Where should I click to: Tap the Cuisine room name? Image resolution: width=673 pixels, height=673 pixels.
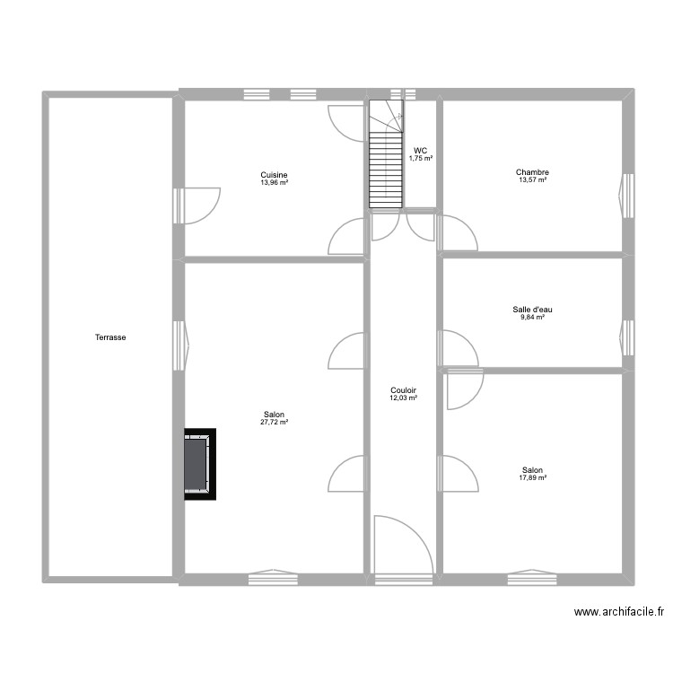[x=274, y=175]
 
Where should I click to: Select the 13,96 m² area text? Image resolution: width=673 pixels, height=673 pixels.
[x=274, y=183]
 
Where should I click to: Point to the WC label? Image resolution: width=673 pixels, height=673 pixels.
[x=420, y=151]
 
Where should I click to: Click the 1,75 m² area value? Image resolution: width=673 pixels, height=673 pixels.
[x=420, y=159]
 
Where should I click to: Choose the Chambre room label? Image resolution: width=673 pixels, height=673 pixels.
[x=532, y=172]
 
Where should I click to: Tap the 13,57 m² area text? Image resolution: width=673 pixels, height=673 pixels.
[x=532, y=180]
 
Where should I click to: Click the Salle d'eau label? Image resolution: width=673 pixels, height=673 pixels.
[x=532, y=310]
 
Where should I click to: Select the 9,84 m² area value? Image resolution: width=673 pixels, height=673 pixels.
[x=532, y=318]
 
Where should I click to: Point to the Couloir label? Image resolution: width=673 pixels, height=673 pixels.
[x=403, y=390]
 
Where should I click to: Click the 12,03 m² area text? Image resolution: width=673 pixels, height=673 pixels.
[x=403, y=398]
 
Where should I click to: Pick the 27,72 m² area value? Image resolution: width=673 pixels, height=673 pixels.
[x=274, y=423]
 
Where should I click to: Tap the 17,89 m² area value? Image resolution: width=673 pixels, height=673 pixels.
[x=532, y=478]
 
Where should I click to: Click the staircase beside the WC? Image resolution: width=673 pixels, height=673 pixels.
[x=384, y=157]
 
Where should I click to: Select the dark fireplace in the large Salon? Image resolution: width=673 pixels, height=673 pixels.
[x=199, y=462]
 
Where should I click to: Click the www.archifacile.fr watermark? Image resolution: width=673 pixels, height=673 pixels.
[x=618, y=612]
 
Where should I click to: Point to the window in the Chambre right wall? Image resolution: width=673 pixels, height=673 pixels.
[x=627, y=196]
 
